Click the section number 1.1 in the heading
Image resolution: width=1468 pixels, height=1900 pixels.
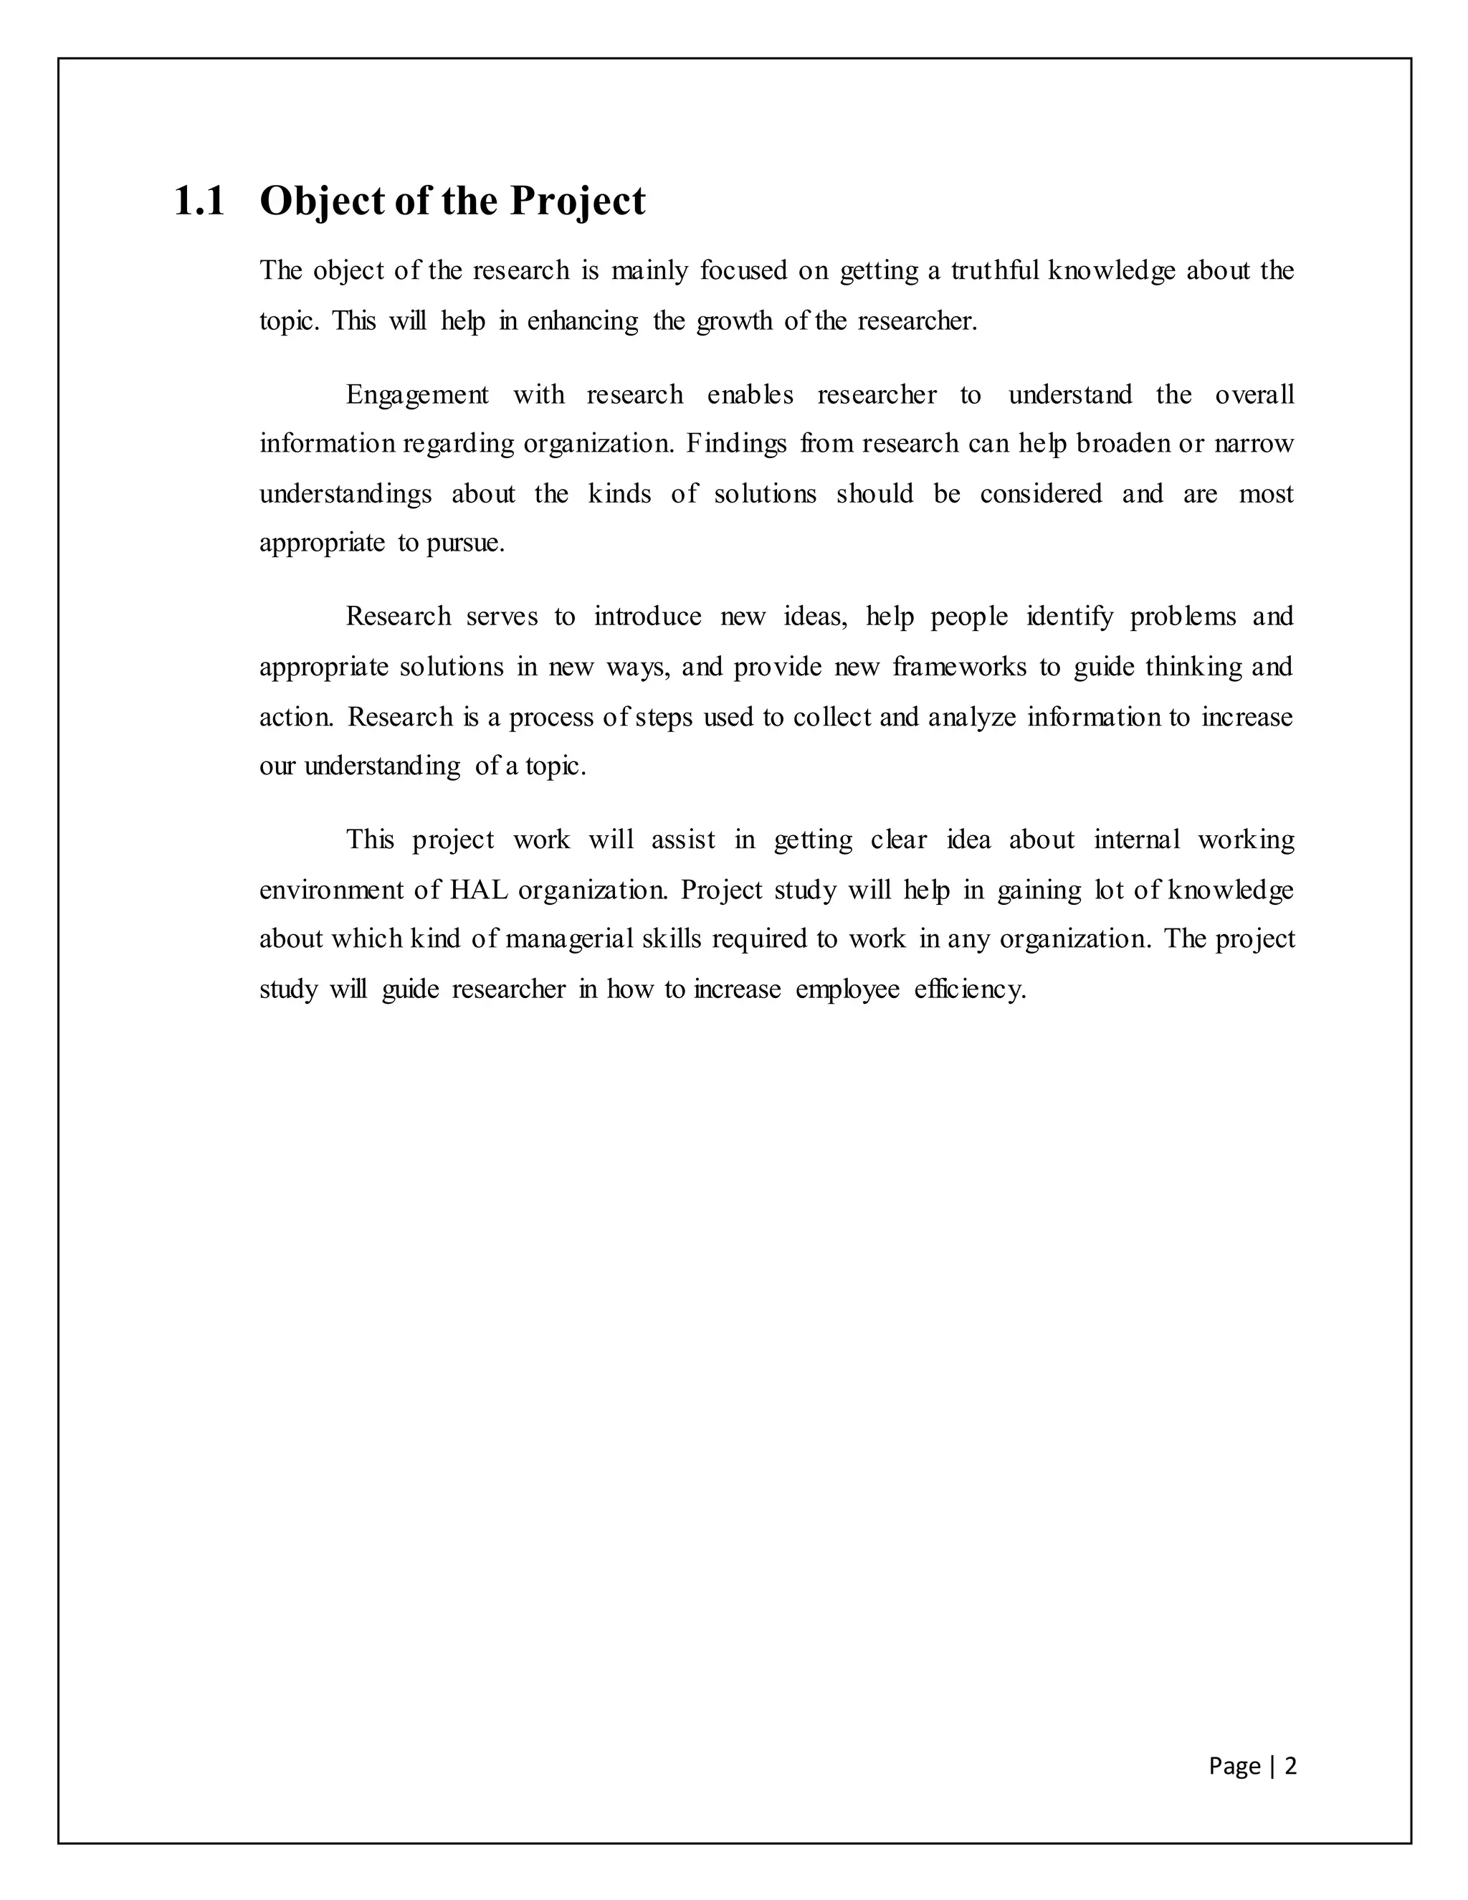[x=199, y=202]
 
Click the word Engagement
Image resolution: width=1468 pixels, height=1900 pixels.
[x=417, y=395]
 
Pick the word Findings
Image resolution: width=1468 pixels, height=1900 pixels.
[x=735, y=444]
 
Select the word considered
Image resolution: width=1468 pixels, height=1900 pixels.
[x=1041, y=493]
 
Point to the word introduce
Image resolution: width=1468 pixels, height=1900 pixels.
[x=647, y=617]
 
